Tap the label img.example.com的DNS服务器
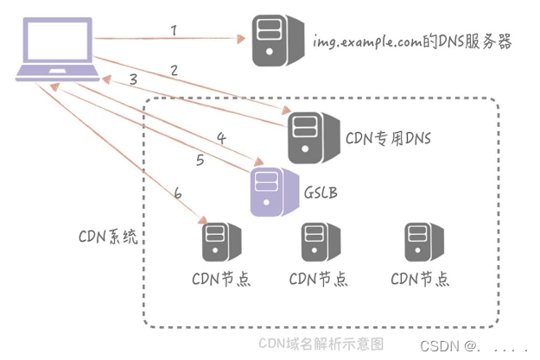[411, 41]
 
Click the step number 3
[132, 79]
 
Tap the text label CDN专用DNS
[388, 137]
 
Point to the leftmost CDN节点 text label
[220, 279]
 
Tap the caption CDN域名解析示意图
[321, 343]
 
